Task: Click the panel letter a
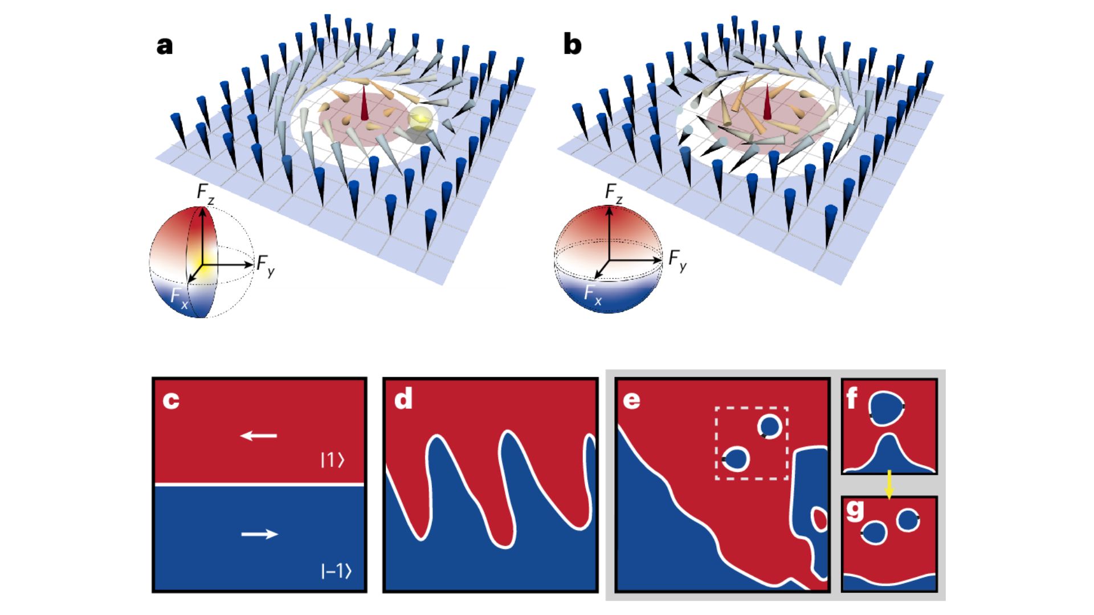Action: pyautogui.click(x=164, y=46)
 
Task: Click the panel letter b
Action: pyautogui.click(x=572, y=46)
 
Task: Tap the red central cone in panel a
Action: pyautogui.click(x=364, y=104)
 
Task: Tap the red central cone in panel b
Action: pyautogui.click(x=768, y=102)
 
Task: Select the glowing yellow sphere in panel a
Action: pyautogui.click(x=421, y=118)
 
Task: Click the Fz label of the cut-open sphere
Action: pyautogui.click(x=206, y=192)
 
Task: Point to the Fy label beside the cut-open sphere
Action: pyautogui.click(x=266, y=265)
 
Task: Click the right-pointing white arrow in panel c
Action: pyautogui.click(x=259, y=534)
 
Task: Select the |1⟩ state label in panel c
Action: pyautogui.click(x=333, y=460)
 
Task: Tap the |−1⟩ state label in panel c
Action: pyautogui.click(x=336, y=571)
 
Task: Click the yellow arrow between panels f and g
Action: pyautogui.click(x=889, y=485)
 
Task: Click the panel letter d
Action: pyautogui.click(x=403, y=399)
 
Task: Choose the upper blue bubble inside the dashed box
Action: pyautogui.click(x=769, y=427)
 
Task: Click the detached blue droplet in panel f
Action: pyautogui.click(x=886, y=408)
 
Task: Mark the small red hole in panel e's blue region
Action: pyautogui.click(x=819, y=519)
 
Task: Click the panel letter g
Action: pyautogui.click(x=855, y=511)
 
